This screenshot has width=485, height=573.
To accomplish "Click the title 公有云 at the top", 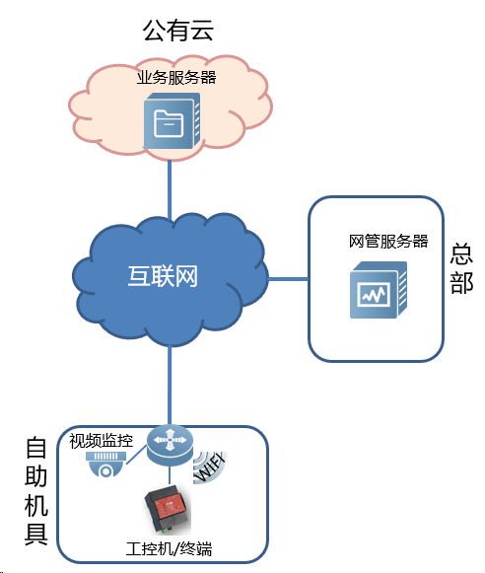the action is pyautogui.click(x=177, y=30).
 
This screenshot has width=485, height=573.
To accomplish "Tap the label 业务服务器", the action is pyautogui.click(x=176, y=77).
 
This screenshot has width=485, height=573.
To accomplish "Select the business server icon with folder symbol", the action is pyautogui.click(x=172, y=120).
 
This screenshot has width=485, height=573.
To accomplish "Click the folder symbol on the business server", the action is pyautogui.click(x=169, y=124).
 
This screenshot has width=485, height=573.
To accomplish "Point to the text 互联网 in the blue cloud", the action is pyautogui.click(x=163, y=276).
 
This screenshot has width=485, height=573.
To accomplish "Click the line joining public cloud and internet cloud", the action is pyautogui.click(x=170, y=190).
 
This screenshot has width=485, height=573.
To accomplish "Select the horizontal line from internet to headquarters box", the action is pyautogui.click(x=289, y=279).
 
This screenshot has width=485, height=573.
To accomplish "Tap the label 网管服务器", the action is pyautogui.click(x=388, y=242).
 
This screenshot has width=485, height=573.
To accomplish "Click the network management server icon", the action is pyautogui.click(x=379, y=290).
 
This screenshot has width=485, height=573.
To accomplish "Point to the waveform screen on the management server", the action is pyautogui.click(x=374, y=294).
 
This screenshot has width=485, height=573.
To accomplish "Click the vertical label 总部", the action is pyautogui.click(x=461, y=268).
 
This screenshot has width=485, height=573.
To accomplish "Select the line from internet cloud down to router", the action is pyautogui.click(x=170, y=386).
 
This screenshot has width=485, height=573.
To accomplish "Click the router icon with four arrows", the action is pyautogui.click(x=170, y=445).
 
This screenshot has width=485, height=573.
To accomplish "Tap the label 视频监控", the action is pyautogui.click(x=102, y=441).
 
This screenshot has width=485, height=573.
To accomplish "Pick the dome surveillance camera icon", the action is pyautogui.click(x=105, y=465).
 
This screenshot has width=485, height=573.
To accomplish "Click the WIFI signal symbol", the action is pyautogui.click(x=210, y=467).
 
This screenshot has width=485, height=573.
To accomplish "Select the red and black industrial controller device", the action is pyautogui.click(x=168, y=509).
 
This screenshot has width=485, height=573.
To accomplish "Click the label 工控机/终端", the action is pyautogui.click(x=169, y=549).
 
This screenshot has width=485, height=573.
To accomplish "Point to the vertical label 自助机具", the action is pyautogui.click(x=36, y=491).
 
